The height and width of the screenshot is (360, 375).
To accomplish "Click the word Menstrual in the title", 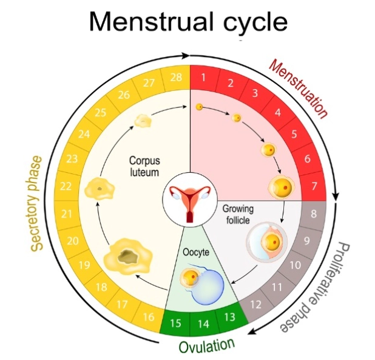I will pos(145,22).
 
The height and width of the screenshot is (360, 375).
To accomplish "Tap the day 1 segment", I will pos(203,78).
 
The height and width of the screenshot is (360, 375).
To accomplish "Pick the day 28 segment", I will pos(175,78).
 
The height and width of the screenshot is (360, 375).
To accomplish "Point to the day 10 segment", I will pos(294,265).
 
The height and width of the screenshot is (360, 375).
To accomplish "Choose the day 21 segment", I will pos(66,213).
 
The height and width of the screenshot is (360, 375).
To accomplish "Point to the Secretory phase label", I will pos(37,203).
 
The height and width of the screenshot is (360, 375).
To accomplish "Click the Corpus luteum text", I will pos(143,167).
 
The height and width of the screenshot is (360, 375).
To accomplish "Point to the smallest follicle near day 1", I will pos(198,107).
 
